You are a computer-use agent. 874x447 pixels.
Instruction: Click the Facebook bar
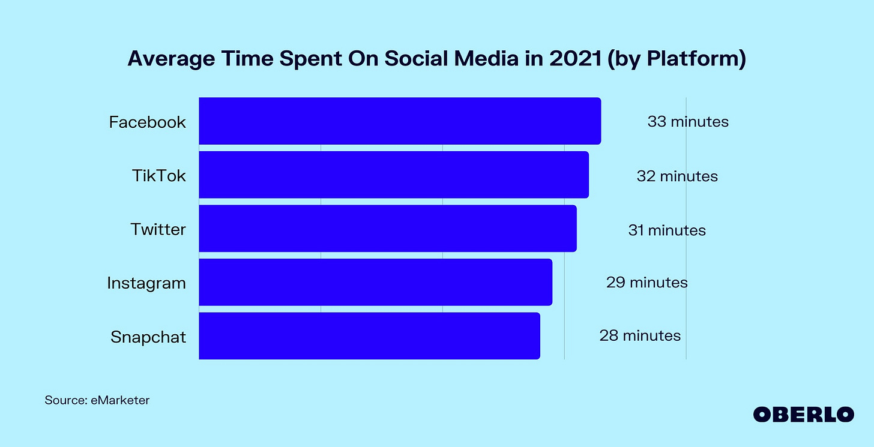pos(399,121)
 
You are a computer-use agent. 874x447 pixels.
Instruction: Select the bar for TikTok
pos(393,175)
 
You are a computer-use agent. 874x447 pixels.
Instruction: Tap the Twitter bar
pos(387,229)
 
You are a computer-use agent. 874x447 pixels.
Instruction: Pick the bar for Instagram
pos(375,282)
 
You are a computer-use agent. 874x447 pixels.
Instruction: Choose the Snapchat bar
pos(369,335)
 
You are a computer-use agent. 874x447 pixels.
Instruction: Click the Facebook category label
pos(147,122)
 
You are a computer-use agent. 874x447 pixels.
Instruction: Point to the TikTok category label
pos(158,176)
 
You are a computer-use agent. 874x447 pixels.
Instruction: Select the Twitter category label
pos(158,229)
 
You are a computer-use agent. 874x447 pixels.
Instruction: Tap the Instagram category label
pos(146,283)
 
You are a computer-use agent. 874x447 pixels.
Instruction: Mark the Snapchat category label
pos(148,337)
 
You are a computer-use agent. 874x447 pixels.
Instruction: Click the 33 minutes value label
pos(688,122)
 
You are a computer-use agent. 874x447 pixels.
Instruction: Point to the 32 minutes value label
pos(677,176)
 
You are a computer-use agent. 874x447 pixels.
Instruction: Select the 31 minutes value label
pos(667,230)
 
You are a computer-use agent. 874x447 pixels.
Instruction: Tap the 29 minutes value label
pos(646,282)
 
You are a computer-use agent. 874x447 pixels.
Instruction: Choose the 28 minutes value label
pos(640,335)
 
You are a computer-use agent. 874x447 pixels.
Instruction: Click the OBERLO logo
pos(803,414)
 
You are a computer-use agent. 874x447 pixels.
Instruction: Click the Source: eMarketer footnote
pos(97,400)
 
